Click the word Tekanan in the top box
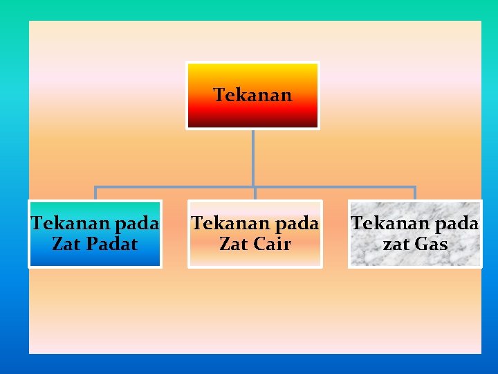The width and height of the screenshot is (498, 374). (x=252, y=95)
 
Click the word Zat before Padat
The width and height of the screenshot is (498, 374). (x=65, y=244)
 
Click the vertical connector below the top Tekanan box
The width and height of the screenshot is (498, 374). (x=253, y=158)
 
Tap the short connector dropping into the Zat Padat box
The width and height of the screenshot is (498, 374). (x=95, y=193)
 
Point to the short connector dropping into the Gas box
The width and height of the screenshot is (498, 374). (x=414, y=193)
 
